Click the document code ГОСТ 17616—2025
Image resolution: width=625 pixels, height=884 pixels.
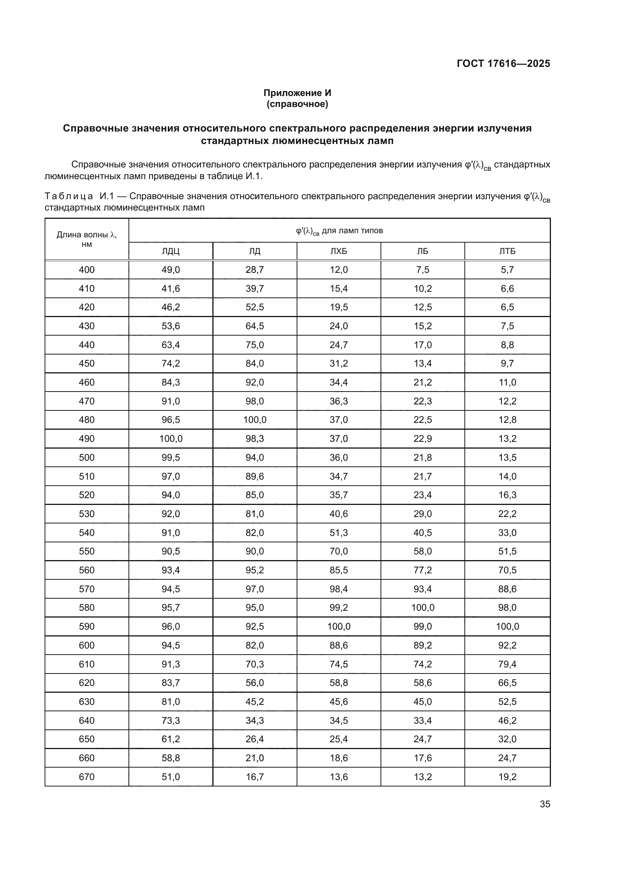(x=503, y=63)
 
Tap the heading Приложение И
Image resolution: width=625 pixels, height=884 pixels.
(x=297, y=93)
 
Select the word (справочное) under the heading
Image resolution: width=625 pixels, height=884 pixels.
(x=297, y=104)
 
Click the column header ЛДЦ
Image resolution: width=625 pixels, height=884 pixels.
(x=170, y=251)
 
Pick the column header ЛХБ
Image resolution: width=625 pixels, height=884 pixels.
(x=339, y=251)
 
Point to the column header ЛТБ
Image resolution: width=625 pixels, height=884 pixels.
(x=507, y=251)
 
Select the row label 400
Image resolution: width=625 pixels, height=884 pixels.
(x=87, y=270)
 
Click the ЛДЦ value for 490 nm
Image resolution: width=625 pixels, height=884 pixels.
(x=170, y=439)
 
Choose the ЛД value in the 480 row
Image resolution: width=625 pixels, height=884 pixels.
(x=255, y=420)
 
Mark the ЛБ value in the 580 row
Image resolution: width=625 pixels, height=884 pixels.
(x=422, y=608)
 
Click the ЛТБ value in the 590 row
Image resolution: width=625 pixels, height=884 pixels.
(x=507, y=626)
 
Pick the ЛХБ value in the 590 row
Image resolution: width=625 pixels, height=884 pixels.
(x=339, y=626)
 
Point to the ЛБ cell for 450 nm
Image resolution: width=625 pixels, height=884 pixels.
(x=422, y=364)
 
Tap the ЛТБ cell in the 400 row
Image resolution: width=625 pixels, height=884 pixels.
(x=507, y=270)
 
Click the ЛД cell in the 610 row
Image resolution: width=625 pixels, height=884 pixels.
(x=255, y=664)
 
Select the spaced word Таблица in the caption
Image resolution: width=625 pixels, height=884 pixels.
(x=69, y=197)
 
